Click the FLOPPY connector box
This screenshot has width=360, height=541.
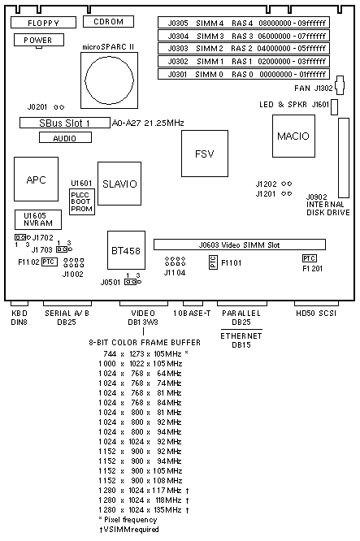pos(44,23)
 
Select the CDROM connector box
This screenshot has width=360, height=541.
pos(108,21)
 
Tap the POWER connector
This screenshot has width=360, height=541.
pos(39,40)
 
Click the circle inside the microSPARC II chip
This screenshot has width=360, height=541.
pos(109,80)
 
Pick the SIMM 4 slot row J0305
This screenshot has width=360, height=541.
pos(244,23)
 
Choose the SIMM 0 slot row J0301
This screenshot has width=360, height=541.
pos(244,74)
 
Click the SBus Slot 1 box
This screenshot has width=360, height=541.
pos(65,123)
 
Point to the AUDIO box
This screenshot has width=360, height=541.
pos(65,137)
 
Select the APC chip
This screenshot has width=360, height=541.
pos(37,179)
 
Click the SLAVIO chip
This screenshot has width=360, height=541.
pos(119,184)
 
